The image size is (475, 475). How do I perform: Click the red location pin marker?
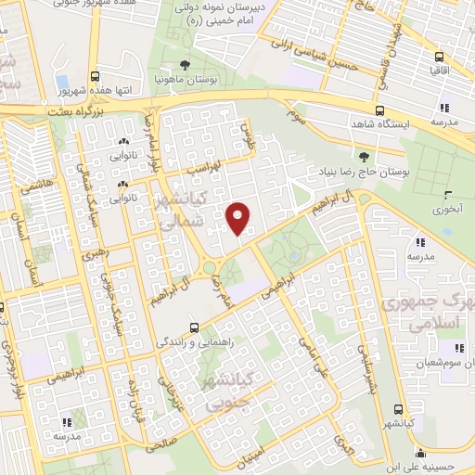coord(238,219)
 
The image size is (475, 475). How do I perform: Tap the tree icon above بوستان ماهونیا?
coord(185,66)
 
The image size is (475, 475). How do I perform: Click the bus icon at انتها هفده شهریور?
coord(95,77)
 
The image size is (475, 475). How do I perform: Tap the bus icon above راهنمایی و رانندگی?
coord(194,327)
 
